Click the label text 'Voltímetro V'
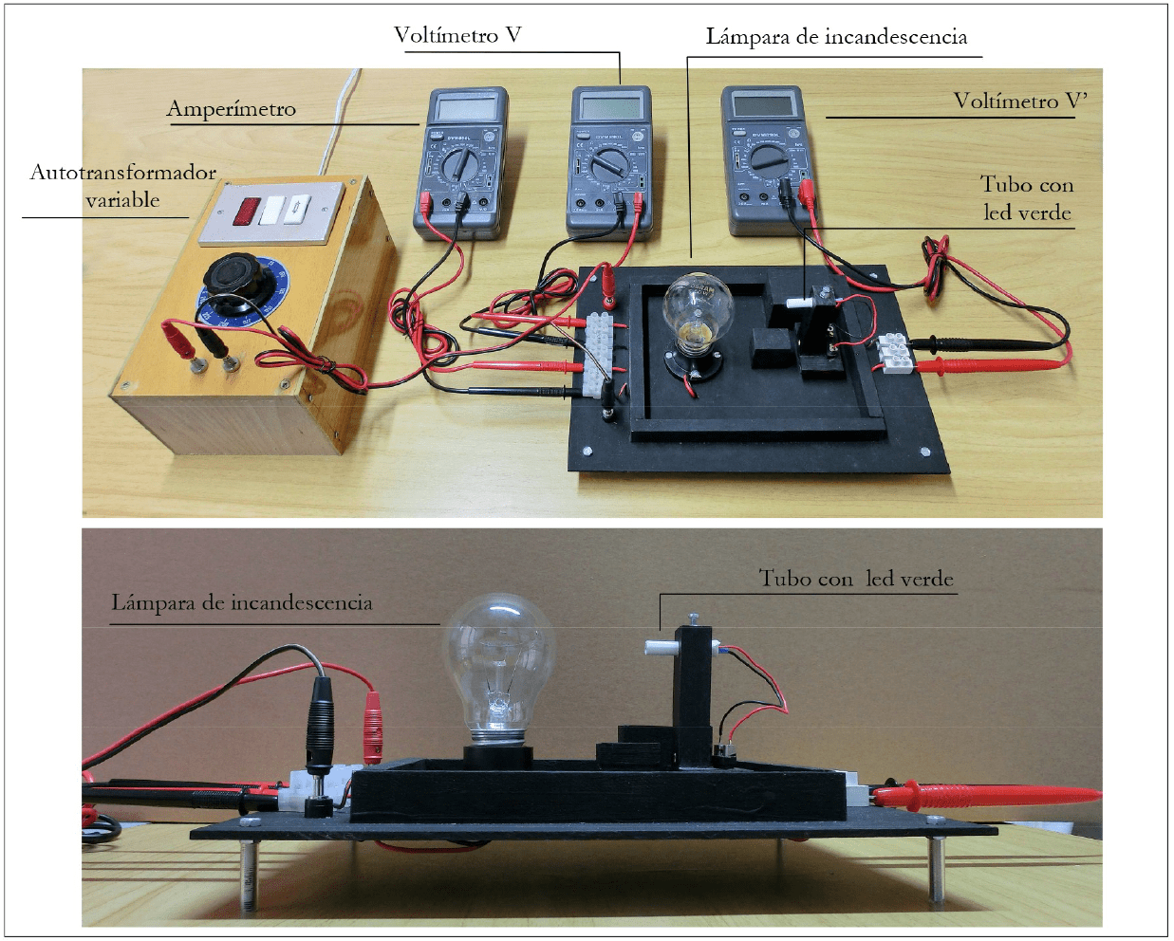[457, 36]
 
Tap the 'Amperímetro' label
[232, 109]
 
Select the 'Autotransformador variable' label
[122, 186]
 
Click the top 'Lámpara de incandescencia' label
[836, 37]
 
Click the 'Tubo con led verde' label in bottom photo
[855, 579]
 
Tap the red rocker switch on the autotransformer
[249, 210]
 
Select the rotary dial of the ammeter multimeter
[460, 167]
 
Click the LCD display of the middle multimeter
[610, 104]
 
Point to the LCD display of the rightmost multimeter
[762, 103]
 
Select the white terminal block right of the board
[892, 353]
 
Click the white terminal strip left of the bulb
[599, 356]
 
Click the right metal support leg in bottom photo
[936, 868]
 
